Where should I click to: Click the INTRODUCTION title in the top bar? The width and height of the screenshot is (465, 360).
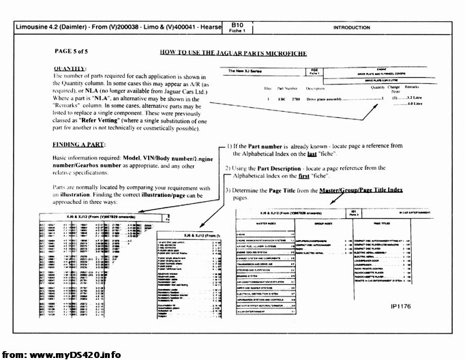(x=352, y=28)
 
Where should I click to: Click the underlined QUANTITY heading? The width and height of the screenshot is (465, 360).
(x=69, y=69)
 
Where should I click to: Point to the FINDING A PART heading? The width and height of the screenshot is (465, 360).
(x=79, y=145)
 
